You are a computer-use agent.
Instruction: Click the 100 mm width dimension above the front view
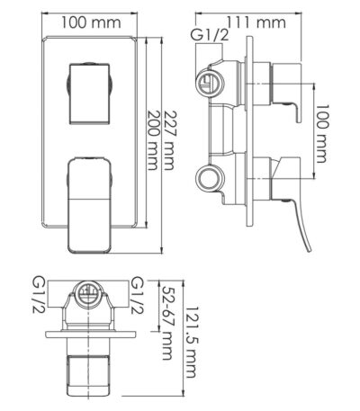point(91,22)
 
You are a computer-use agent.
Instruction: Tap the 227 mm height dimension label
point(169,140)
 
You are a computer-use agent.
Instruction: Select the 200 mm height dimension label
point(153,140)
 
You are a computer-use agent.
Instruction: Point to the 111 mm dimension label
point(256,22)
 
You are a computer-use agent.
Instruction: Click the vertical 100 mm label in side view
point(320,134)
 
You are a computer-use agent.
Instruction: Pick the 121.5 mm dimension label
point(191,342)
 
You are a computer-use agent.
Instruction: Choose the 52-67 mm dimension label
point(166,322)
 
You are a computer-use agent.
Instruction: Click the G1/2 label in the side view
point(210,35)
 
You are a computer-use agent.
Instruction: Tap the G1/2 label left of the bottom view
point(39,296)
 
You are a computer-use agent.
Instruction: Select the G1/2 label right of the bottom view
point(138,296)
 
